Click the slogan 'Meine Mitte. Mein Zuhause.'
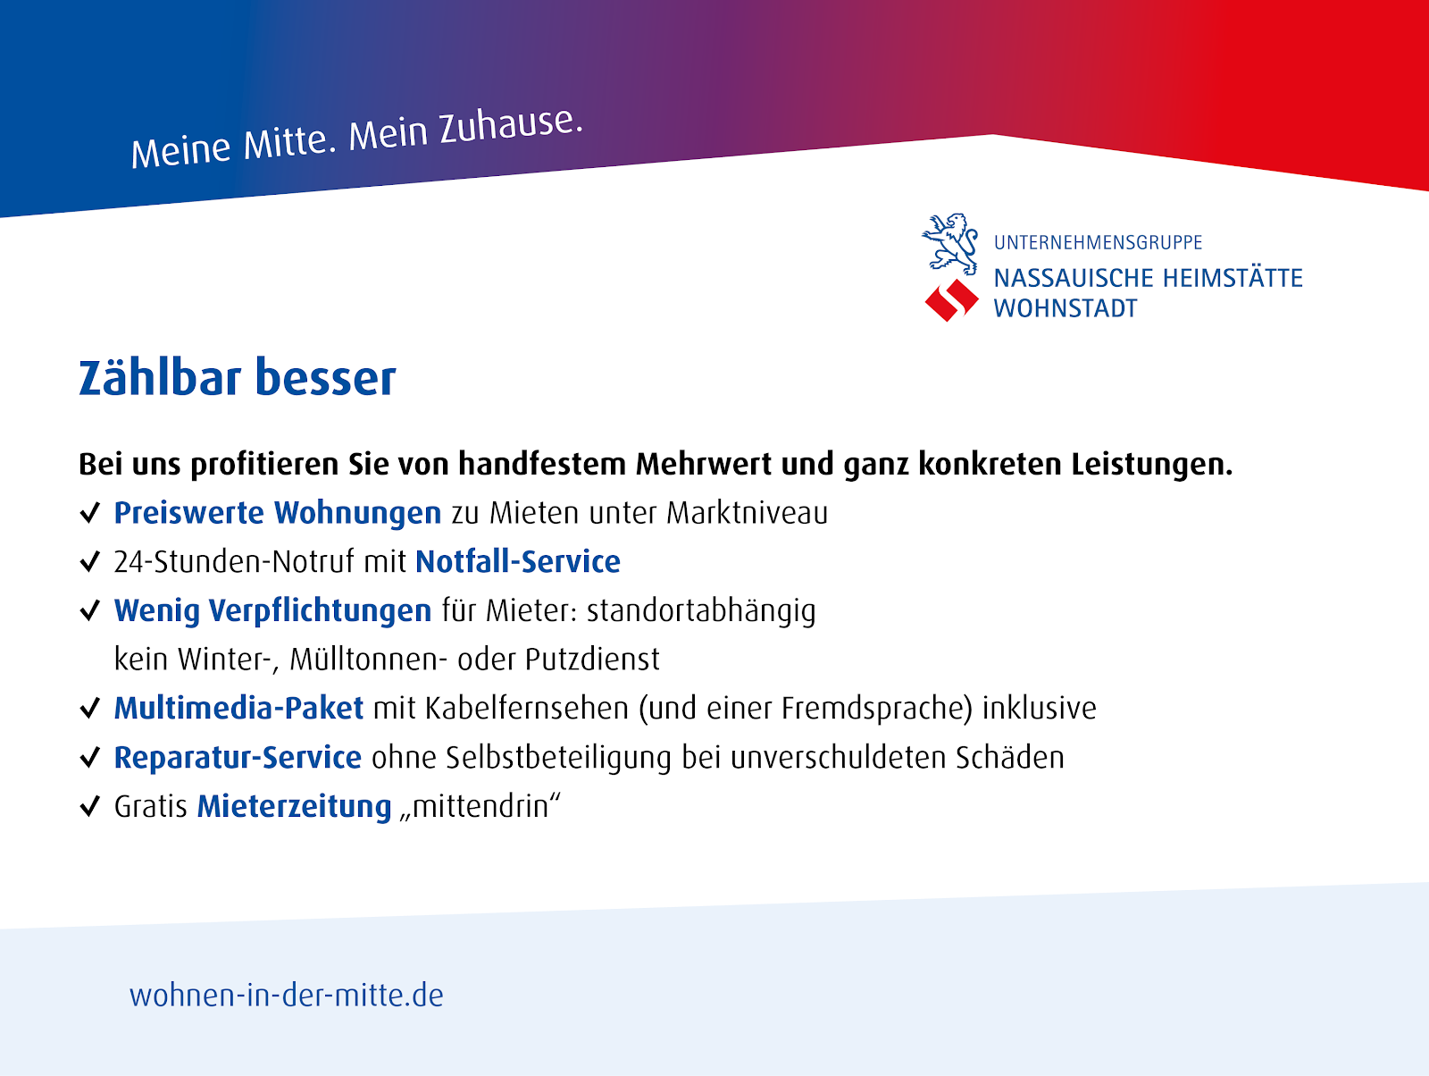coord(356,138)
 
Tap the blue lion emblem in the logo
coord(950,244)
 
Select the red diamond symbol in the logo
coord(951,300)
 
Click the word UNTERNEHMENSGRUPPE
coord(1098,242)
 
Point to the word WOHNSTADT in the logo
coord(1065,308)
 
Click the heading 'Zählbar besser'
coord(237,377)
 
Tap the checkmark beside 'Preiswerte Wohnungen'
coord(90,513)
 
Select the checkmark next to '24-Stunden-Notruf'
coord(90,561)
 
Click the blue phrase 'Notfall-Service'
coord(517,561)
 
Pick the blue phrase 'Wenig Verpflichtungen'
coord(272,611)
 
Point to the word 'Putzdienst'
coord(592,660)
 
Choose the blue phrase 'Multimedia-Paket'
coord(238,708)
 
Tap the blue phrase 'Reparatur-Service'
coord(238,757)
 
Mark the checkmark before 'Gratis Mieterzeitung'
coord(90,806)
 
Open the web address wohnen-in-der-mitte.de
coord(287,996)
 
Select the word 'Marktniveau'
coord(747,513)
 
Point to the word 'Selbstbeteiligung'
coord(558,758)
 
